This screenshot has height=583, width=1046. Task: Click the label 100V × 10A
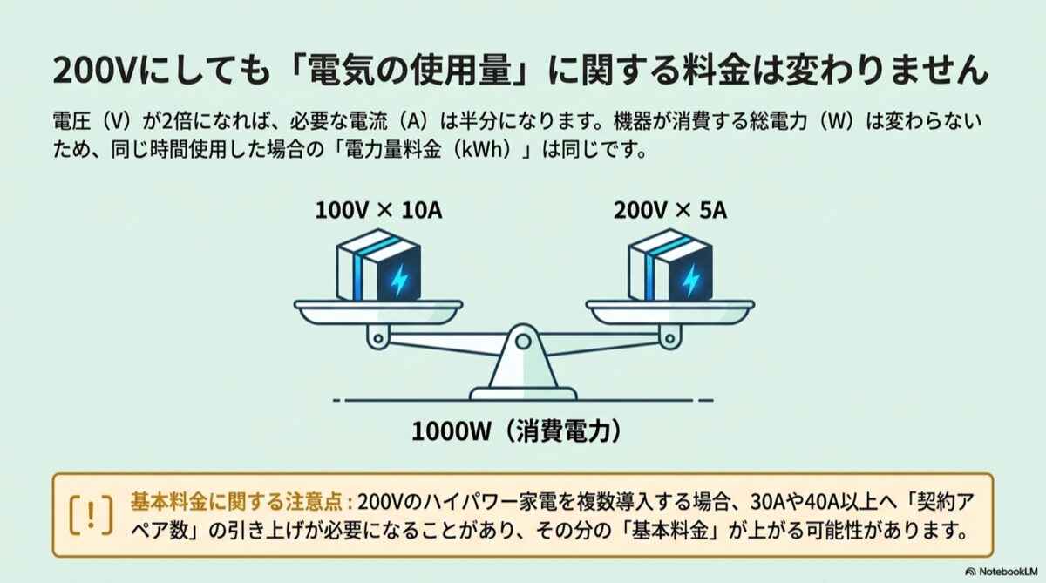(x=378, y=211)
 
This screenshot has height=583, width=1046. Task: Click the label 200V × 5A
(x=670, y=211)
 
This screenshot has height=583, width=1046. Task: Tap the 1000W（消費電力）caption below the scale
(x=517, y=430)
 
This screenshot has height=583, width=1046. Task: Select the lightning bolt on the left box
(x=399, y=280)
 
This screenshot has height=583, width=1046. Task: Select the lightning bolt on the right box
(x=691, y=280)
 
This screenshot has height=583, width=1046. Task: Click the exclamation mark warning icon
(x=91, y=515)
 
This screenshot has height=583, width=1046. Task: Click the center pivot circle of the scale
(x=523, y=342)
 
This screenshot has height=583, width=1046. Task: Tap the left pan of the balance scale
(x=378, y=312)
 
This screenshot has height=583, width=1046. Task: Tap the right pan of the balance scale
(x=670, y=312)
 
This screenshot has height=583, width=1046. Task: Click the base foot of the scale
(x=523, y=394)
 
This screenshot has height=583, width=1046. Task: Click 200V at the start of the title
(x=92, y=71)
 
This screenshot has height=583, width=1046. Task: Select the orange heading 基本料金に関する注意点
(x=237, y=502)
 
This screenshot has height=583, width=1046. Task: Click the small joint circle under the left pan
(x=378, y=338)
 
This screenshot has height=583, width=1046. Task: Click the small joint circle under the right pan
(x=669, y=338)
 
